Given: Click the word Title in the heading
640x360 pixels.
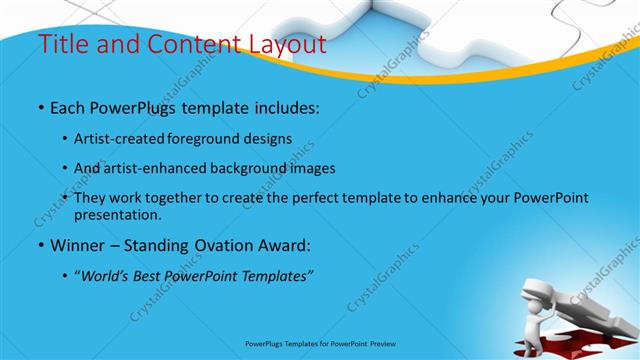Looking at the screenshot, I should (61, 45).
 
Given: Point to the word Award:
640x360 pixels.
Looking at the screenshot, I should (279, 244).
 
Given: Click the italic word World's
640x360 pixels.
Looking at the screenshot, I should (103, 275).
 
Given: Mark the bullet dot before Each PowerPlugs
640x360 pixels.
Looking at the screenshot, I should (40, 106).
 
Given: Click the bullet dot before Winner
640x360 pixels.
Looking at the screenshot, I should (40, 245).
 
